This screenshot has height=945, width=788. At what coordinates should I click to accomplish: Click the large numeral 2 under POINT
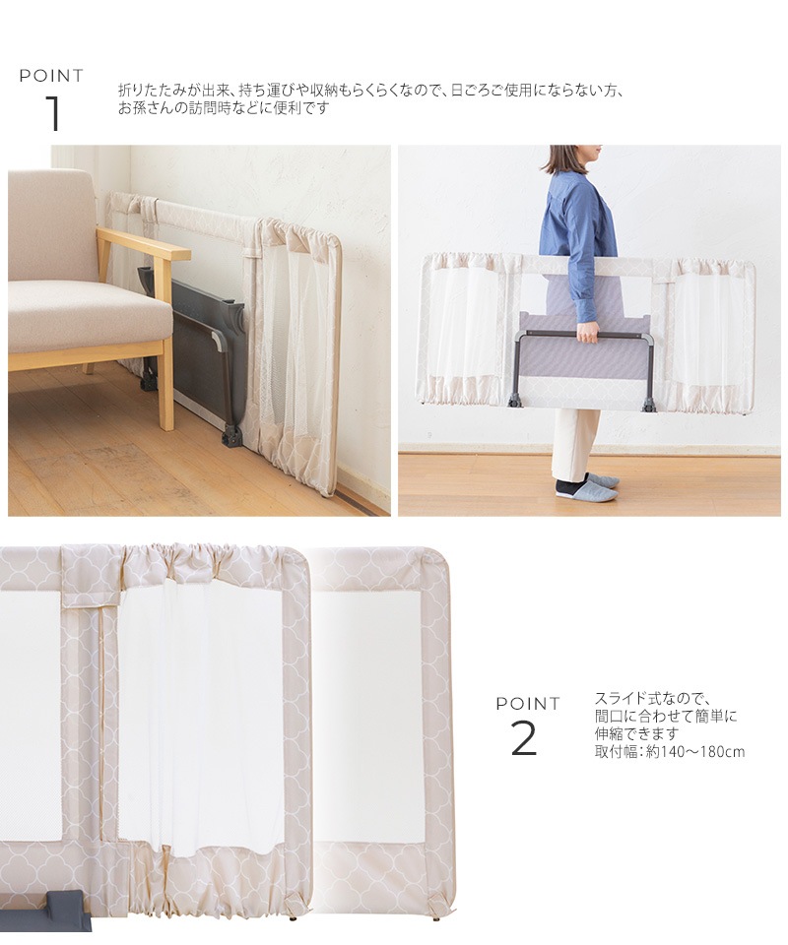[523, 738]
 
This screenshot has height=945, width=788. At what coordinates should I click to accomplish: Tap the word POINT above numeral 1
[52, 76]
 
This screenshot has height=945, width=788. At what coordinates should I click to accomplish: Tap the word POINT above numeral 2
[528, 703]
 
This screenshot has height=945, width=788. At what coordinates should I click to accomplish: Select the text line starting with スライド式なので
[653, 699]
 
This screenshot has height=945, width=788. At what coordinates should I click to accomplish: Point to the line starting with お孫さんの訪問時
[224, 108]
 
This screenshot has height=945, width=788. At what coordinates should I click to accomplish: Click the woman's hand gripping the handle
[588, 330]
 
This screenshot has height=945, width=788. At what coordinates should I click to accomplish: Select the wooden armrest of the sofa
[144, 243]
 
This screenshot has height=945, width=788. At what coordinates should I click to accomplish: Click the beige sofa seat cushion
[88, 318]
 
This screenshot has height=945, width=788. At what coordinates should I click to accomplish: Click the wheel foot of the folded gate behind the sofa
[231, 436]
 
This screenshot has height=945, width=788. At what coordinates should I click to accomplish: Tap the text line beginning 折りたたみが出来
[370, 91]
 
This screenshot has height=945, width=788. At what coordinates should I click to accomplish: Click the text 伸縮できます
[636, 734]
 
